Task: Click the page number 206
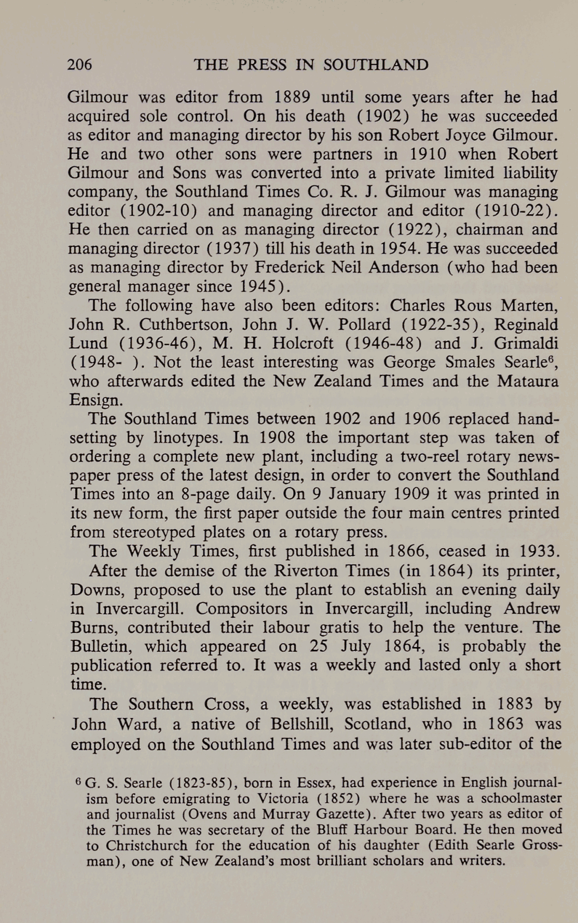tap(79, 64)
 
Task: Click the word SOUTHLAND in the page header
tap(376, 64)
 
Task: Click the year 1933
tap(540, 551)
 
